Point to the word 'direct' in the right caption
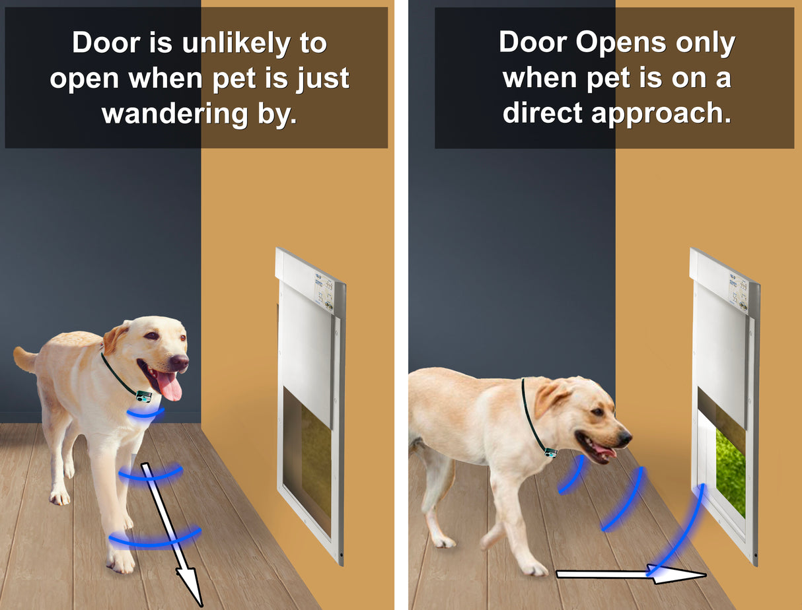pyautogui.click(x=543, y=114)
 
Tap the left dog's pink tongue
pyautogui.click(x=170, y=387)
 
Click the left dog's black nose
pyautogui.click(x=179, y=362)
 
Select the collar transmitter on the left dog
pyautogui.click(x=143, y=396)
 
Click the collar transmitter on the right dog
pyautogui.click(x=550, y=452)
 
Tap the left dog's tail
pyautogui.click(x=25, y=359)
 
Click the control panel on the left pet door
pyautogui.click(x=323, y=290)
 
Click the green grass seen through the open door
pyautogui.click(x=731, y=469)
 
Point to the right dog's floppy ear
pyautogui.click(x=548, y=399)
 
